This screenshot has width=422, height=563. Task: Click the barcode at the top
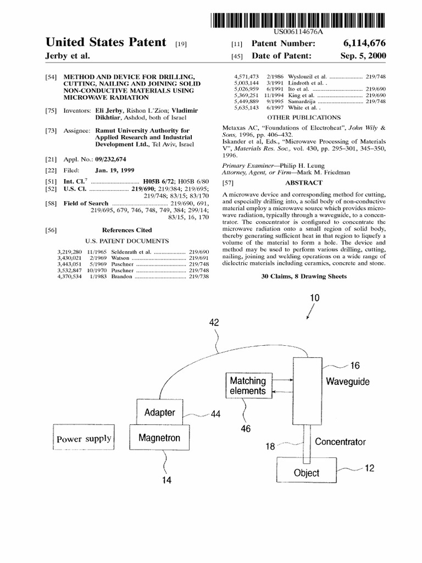298,20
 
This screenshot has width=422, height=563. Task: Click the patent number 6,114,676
365,43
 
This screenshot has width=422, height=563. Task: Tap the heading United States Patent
106,42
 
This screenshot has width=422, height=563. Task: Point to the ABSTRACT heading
303,183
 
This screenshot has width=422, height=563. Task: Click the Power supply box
84,439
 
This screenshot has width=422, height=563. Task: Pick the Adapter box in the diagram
159,412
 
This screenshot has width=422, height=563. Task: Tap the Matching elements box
247,385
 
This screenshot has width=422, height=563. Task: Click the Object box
306,472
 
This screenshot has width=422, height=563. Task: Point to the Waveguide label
348,381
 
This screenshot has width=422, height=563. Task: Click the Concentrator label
340,441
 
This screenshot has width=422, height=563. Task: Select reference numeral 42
214,323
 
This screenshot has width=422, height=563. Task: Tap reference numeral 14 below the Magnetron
166,480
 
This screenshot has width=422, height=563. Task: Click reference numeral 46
245,429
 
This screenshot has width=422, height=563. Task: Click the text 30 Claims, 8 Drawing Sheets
303,277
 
